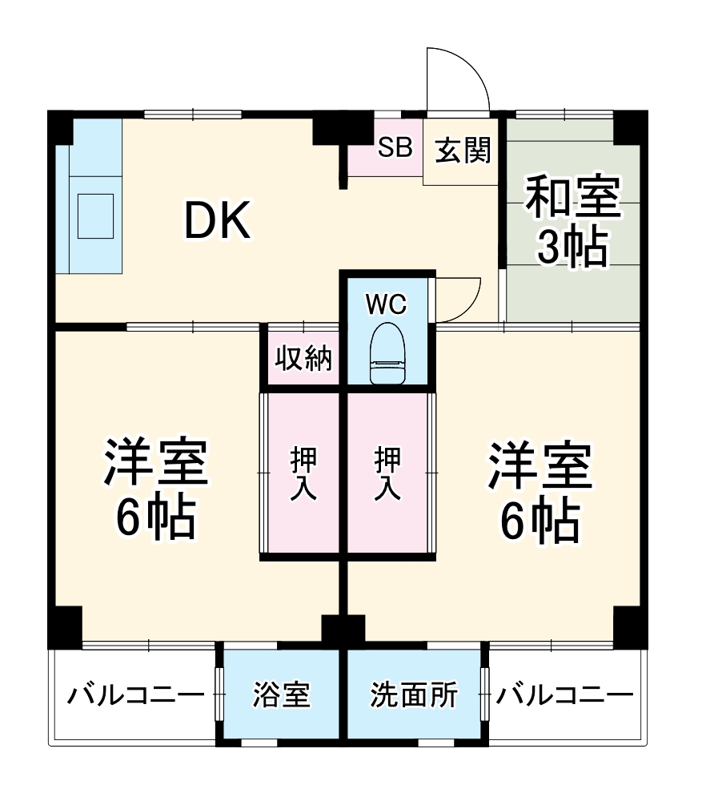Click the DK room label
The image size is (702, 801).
218,221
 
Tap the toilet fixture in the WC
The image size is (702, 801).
388,354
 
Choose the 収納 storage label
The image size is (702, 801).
303,359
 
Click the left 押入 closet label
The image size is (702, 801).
303,473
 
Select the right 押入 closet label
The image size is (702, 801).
388,473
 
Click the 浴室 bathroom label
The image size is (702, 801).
280,694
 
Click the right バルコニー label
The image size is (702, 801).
564,694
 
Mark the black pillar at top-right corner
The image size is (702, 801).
630,126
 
